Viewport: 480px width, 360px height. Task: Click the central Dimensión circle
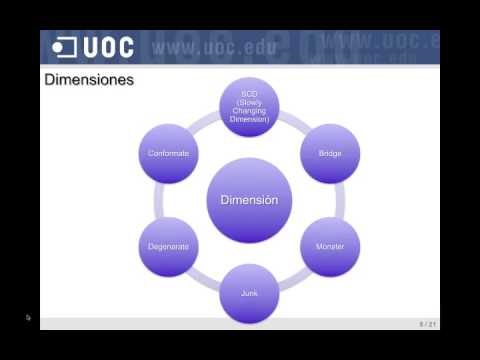point(249,200)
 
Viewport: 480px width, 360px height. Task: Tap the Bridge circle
point(330,153)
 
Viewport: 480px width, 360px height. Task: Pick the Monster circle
point(330,245)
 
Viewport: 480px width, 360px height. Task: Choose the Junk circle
point(249,294)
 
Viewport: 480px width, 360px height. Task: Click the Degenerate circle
point(168,245)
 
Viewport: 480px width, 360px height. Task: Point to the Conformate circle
point(168,153)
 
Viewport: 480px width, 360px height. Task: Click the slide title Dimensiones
point(90,79)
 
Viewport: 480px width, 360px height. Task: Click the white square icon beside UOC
point(65,47)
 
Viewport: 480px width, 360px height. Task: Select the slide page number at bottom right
point(428,323)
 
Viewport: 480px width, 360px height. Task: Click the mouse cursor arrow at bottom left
point(29,318)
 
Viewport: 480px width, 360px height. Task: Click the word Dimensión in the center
point(249,200)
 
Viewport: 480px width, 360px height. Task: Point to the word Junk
point(249,294)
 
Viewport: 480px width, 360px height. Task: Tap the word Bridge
point(330,153)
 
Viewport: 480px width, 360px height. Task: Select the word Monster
point(330,245)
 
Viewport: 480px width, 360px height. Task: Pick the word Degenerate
point(168,245)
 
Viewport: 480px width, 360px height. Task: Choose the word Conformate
point(168,153)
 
